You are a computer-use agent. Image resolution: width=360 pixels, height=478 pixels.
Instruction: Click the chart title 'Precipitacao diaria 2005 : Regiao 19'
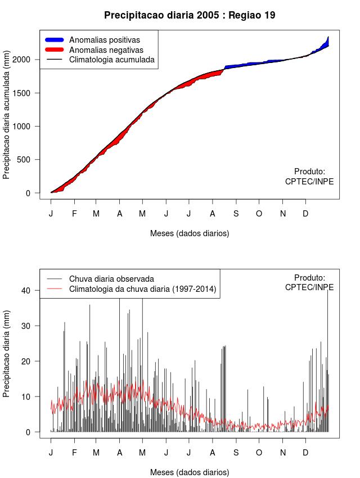point(190,15)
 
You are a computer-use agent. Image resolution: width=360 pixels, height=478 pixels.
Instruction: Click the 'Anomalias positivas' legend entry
point(104,40)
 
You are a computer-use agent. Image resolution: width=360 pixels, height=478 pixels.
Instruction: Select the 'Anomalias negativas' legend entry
point(106,49)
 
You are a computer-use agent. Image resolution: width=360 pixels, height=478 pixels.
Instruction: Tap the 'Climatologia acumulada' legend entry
point(111,59)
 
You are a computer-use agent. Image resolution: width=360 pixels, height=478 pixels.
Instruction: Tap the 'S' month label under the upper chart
point(236,214)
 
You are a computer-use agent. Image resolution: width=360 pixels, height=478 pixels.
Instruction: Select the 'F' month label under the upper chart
point(74,214)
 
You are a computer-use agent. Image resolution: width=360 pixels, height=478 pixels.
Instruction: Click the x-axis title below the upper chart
point(190,233)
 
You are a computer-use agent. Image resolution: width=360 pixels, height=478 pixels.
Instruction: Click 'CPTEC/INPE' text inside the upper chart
point(309,182)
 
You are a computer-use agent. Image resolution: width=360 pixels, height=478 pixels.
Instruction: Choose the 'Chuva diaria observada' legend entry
point(111,278)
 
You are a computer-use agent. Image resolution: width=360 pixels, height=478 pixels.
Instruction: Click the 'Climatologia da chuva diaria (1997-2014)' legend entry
point(142,289)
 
